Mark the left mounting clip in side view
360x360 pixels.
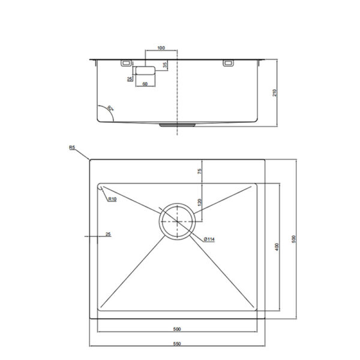click(127, 62)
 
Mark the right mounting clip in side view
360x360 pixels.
click(228, 62)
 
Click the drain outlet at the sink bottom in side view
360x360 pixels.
click(177, 125)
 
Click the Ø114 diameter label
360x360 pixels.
click(209, 239)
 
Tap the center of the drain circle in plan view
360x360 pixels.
click(177, 221)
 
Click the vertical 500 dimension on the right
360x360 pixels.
click(293, 239)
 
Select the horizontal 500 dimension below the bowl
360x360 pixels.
click(178, 328)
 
